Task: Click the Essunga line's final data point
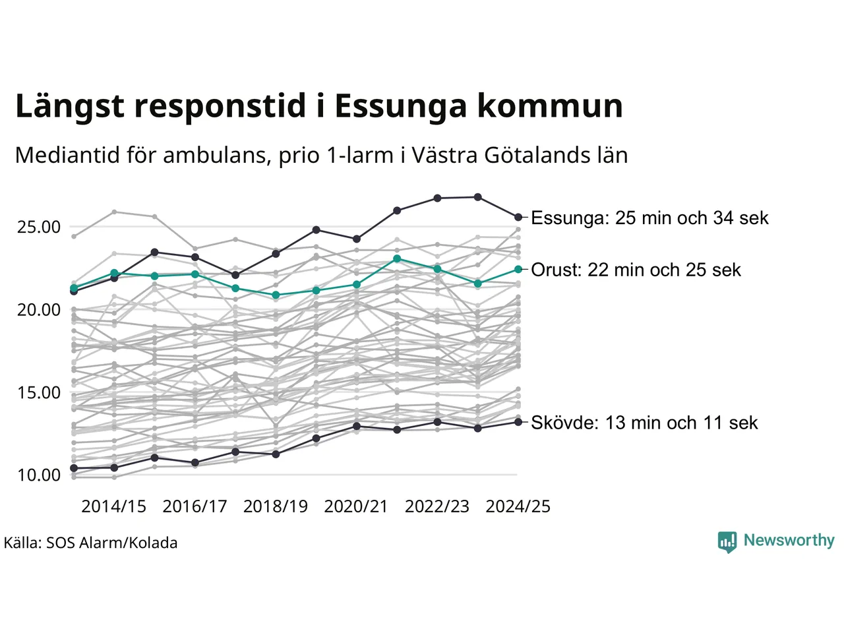(x=518, y=217)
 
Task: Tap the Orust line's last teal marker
(x=518, y=269)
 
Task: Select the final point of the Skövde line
(x=518, y=422)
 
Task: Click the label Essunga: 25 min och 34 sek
(x=649, y=218)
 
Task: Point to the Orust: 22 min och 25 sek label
(x=636, y=270)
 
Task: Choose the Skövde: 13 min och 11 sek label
(x=644, y=423)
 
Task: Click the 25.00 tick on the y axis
(x=39, y=227)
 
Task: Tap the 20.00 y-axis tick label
(x=39, y=309)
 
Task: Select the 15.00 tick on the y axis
(x=39, y=392)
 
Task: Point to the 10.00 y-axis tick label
(x=39, y=475)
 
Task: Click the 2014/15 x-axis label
(x=113, y=506)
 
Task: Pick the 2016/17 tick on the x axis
(x=195, y=506)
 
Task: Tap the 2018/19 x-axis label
(x=276, y=506)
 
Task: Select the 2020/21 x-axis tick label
(x=356, y=506)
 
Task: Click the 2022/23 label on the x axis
(x=437, y=506)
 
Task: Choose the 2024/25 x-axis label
(x=518, y=506)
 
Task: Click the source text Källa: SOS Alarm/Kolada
(x=90, y=543)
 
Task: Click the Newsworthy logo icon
(x=727, y=541)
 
